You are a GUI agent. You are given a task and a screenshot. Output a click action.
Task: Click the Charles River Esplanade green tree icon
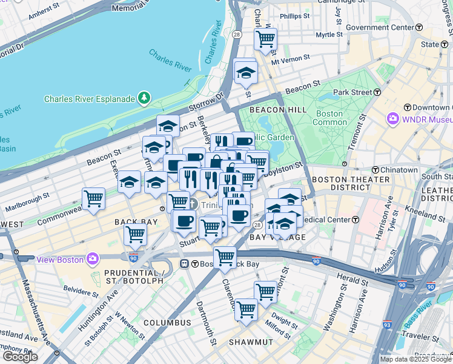144,98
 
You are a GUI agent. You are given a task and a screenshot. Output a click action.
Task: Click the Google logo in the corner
20,357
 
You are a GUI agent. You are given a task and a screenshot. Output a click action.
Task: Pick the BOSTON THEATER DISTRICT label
350,184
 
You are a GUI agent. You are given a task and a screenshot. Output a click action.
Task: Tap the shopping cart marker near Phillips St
265,39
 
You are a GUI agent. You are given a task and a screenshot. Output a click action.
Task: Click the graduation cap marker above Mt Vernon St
245,72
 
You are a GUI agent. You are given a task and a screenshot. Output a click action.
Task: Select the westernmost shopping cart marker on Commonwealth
94,198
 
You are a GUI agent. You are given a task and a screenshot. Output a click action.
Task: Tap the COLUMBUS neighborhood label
167,322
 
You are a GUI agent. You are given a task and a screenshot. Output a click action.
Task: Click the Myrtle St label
329,35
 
